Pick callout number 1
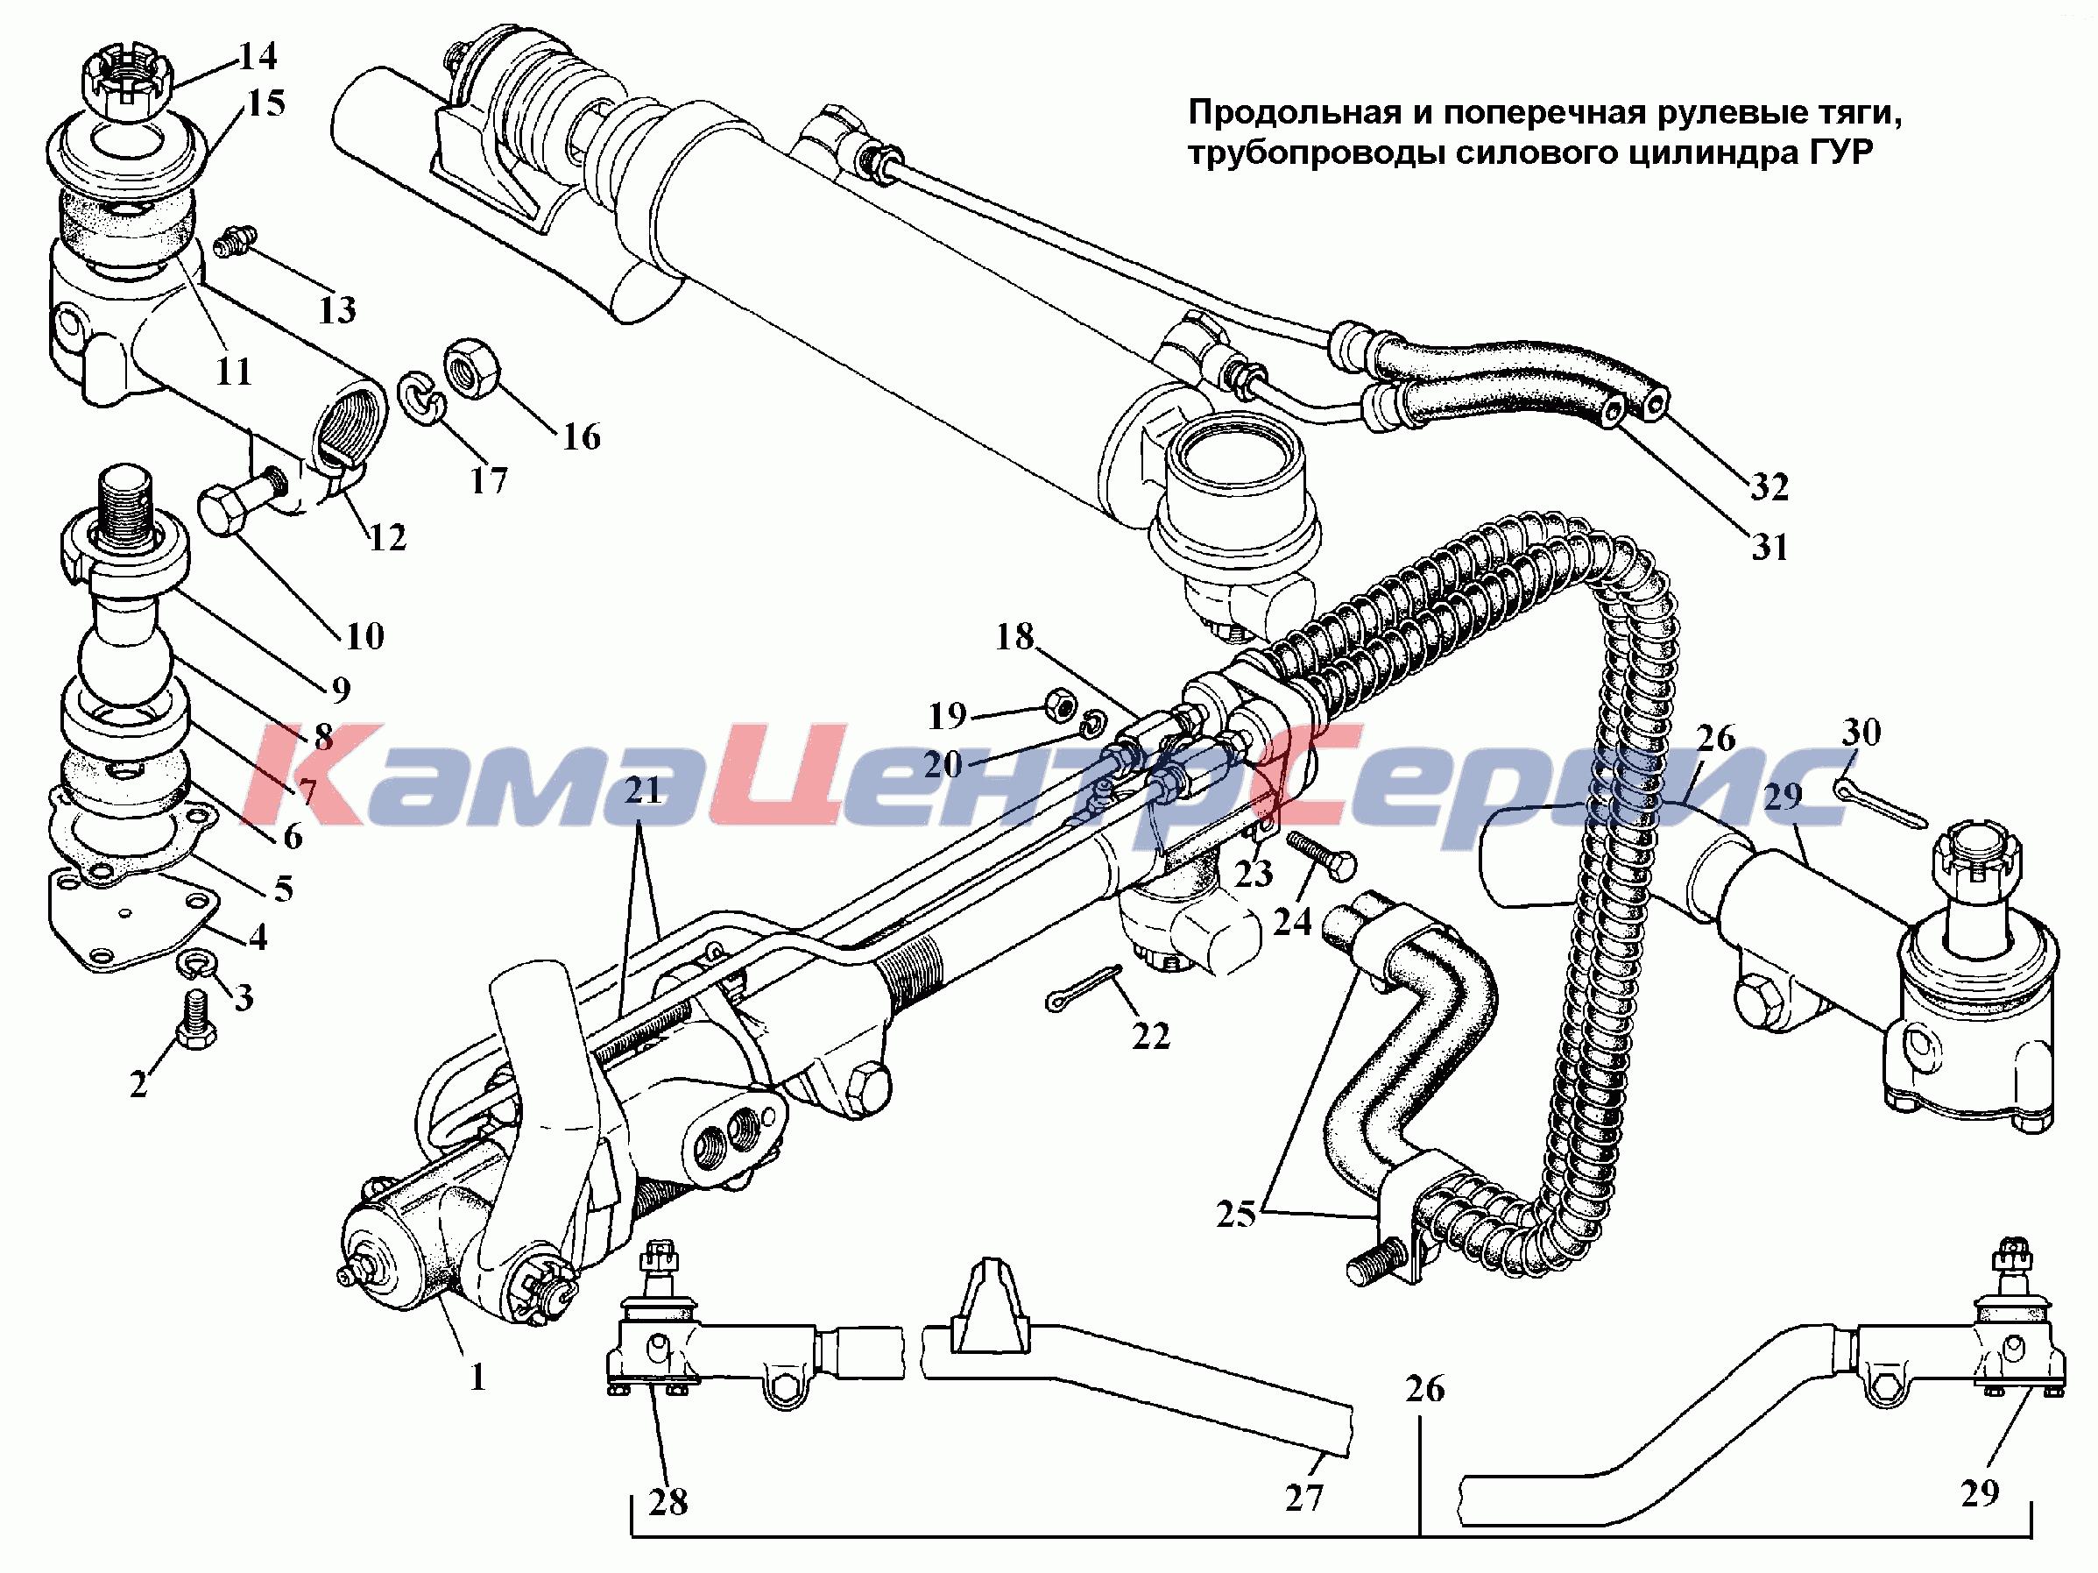click(x=477, y=1376)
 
